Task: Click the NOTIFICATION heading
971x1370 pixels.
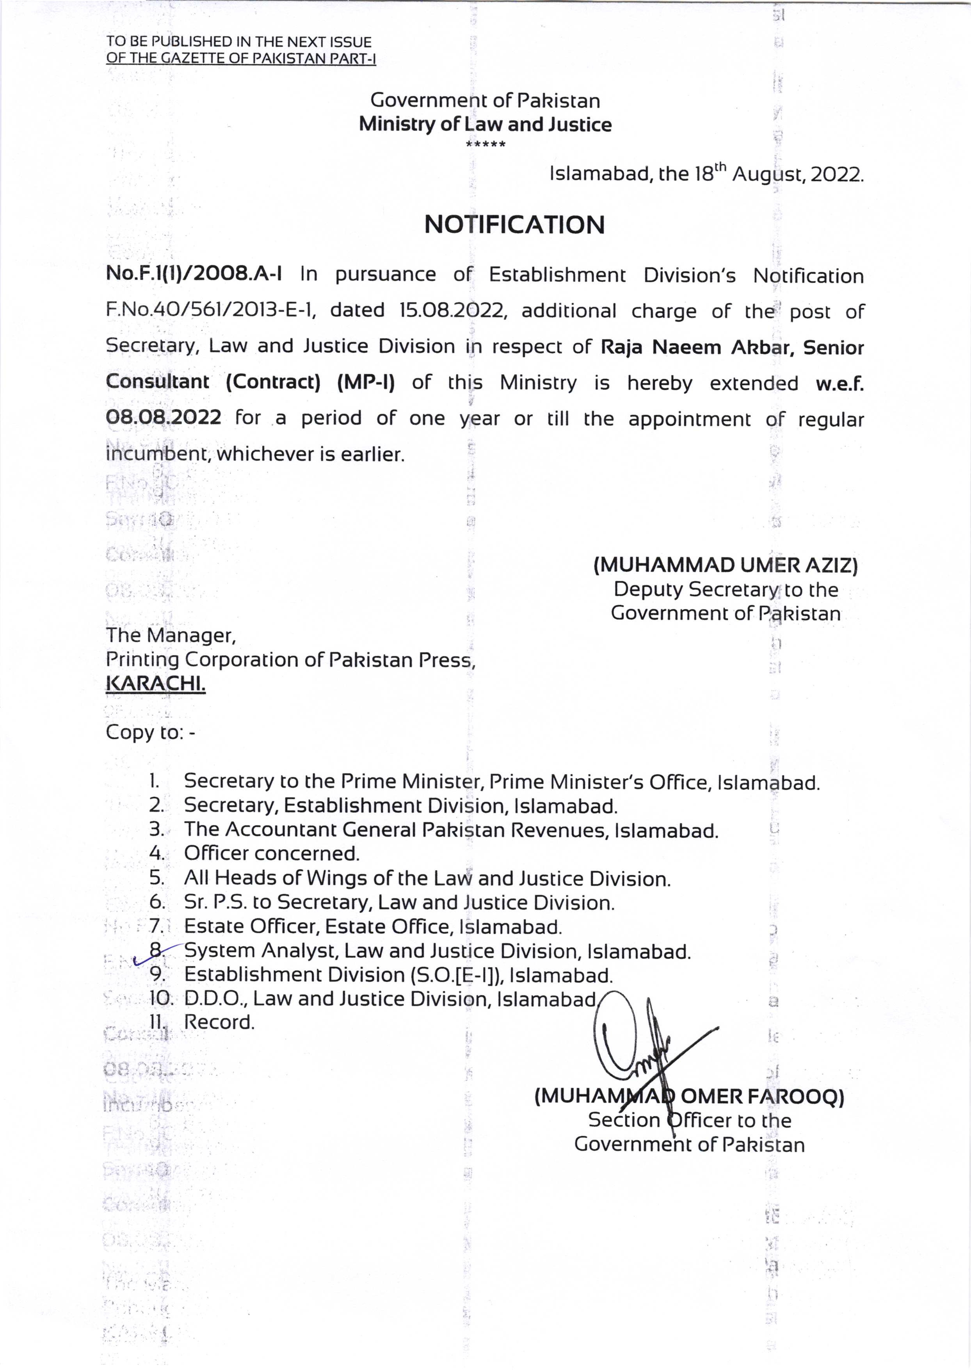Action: point(514,225)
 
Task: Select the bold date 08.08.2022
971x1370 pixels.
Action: point(163,417)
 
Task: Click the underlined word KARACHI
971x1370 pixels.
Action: point(155,683)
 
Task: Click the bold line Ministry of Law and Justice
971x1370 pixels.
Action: point(485,125)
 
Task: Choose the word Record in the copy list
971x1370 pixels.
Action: point(219,1022)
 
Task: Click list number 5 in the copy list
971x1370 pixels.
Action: point(156,878)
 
